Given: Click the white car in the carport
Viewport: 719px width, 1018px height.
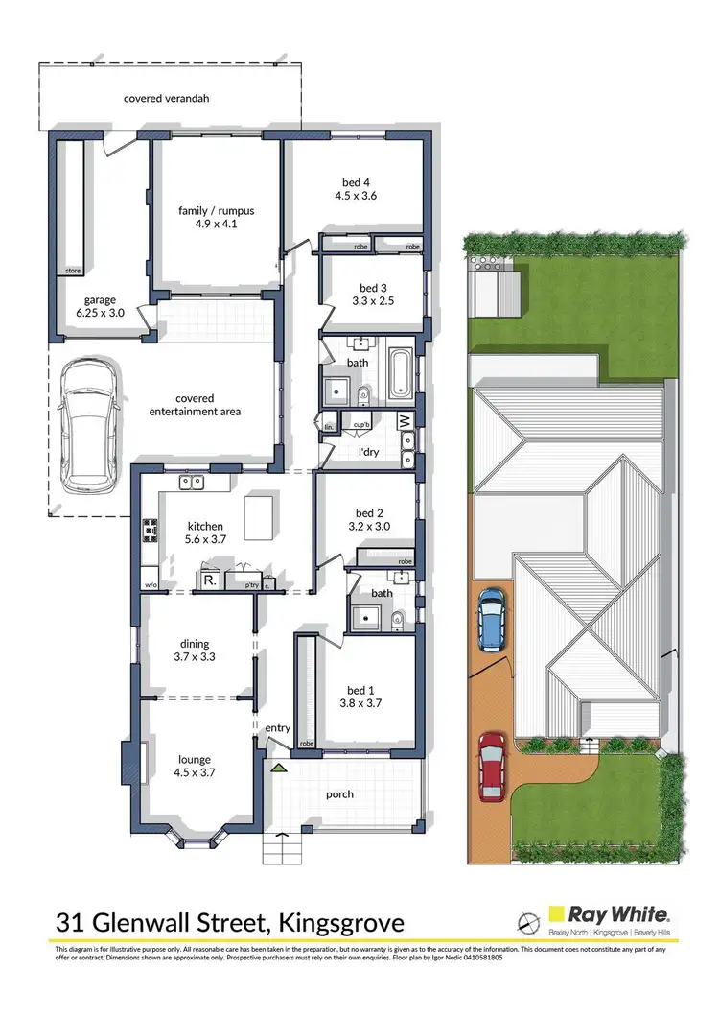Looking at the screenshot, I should [88, 428].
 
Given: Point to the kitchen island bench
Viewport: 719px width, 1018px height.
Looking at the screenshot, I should [258, 518].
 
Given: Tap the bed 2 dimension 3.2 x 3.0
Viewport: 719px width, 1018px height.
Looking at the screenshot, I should [367, 526].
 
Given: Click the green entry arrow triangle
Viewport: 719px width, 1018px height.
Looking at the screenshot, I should [279, 767].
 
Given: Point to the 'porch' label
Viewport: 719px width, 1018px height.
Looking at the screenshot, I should [339, 794].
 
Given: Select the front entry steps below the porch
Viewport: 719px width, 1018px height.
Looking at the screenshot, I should [282, 848].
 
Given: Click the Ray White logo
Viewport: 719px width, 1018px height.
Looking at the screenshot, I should [615, 916].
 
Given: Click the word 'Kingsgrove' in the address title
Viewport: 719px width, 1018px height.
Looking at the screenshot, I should [340, 923].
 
